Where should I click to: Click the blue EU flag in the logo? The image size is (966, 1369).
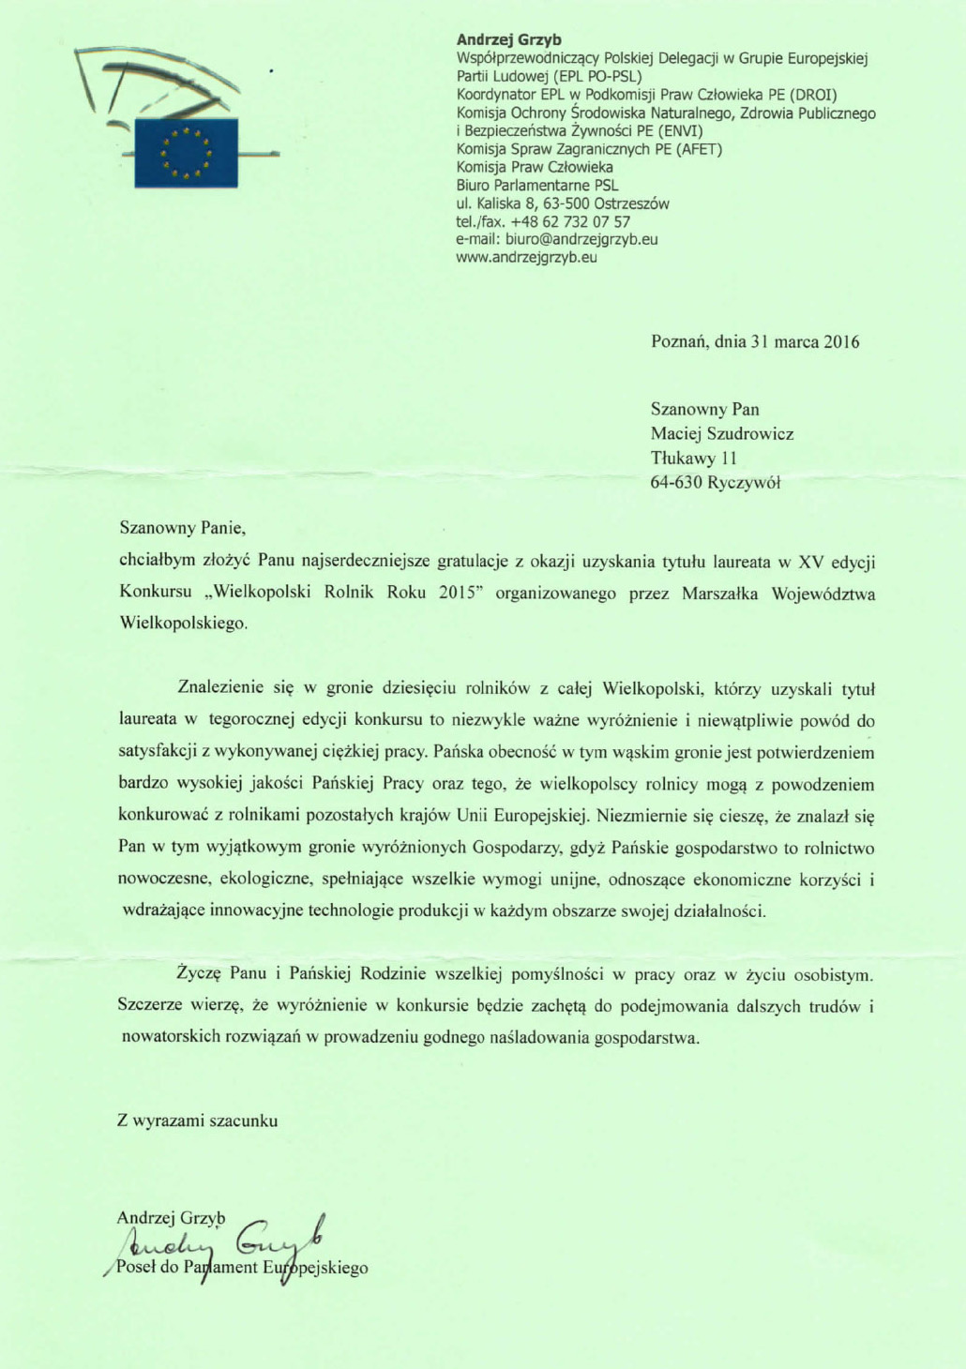[186, 152]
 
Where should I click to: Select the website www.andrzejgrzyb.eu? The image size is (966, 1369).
[526, 257]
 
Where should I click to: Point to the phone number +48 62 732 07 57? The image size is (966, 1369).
[570, 221]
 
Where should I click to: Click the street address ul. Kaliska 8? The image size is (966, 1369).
[506, 203]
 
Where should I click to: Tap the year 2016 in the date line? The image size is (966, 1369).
[841, 341]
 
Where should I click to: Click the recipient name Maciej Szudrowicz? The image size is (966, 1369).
[722, 433]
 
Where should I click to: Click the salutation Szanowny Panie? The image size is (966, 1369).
[182, 528]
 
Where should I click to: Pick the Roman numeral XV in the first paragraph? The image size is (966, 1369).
[810, 563]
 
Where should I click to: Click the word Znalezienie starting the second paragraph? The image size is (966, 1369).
[220, 688]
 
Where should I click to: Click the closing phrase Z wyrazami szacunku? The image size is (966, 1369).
[197, 1121]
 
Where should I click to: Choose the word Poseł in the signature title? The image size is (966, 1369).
[135, 1268]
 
